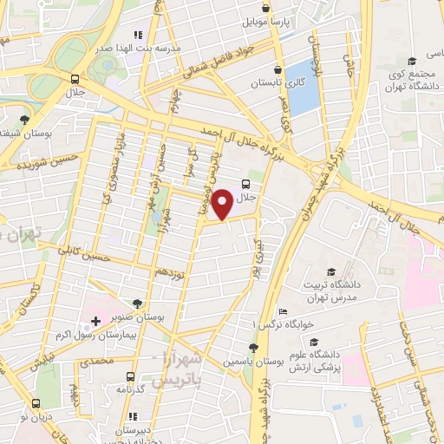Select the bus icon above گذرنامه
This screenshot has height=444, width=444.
coord(130,376)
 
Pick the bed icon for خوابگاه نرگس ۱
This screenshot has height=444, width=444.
coord(283,311)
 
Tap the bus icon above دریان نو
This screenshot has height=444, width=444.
coord(36,403)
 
